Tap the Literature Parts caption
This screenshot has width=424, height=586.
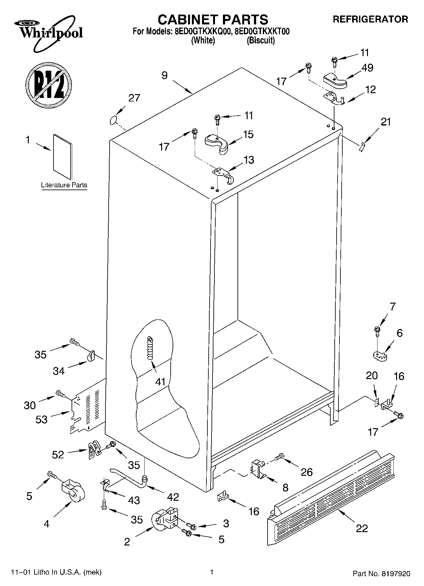coord(64,185)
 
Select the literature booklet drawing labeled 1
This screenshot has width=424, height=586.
coord(63,157)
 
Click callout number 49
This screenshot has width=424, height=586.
coord(367,68)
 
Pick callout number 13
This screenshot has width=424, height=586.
coord(249,160)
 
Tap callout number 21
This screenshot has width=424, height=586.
coord(386,122)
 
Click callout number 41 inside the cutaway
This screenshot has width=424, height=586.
coord(160,382)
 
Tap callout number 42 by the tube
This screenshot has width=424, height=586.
coord(173,497)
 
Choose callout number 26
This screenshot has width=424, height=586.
coord(307,472)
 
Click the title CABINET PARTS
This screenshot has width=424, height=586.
coord(213,20)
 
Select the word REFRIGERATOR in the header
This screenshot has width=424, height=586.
coord(370,19)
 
